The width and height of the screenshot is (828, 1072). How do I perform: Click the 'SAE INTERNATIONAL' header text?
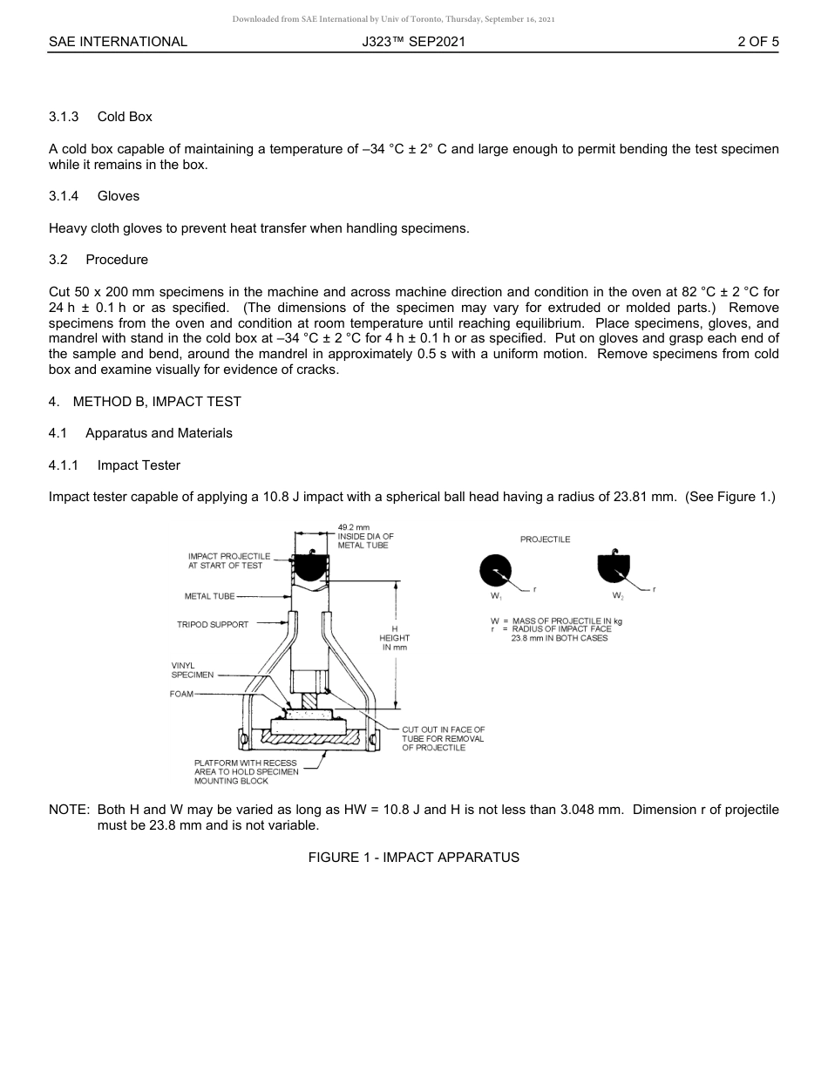[x=118, y=42]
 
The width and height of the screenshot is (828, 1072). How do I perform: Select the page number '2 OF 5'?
[x=757, y=42]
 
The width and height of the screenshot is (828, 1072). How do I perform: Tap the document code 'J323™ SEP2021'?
[x=414, y=42]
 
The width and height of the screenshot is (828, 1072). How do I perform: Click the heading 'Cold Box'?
[x=125, y=117]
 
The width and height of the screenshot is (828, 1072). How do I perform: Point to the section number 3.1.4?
[x=64, y=196]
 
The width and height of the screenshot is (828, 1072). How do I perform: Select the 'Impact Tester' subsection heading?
[x=139, y=465]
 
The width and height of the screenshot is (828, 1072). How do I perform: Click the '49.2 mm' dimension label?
[x=354, y=527]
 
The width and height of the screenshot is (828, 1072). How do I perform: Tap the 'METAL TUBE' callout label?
[x=209, y=597]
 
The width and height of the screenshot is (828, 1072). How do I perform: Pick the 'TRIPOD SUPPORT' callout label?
[x=213, y=624]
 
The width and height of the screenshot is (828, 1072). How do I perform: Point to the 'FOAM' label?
[x=181, y=694]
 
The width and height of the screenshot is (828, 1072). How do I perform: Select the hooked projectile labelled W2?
[x=615, y=569]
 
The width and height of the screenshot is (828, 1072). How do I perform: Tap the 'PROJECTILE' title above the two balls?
[x=545, y=539]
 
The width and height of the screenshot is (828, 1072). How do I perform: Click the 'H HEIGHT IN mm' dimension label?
[x=395, y=638]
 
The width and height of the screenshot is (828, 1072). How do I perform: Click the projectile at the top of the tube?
[x=309, y=566]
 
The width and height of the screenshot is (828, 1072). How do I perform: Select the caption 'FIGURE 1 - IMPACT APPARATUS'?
[x=413, y=858]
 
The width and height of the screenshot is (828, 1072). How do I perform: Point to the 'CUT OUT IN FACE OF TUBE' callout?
[x=443, y=738]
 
